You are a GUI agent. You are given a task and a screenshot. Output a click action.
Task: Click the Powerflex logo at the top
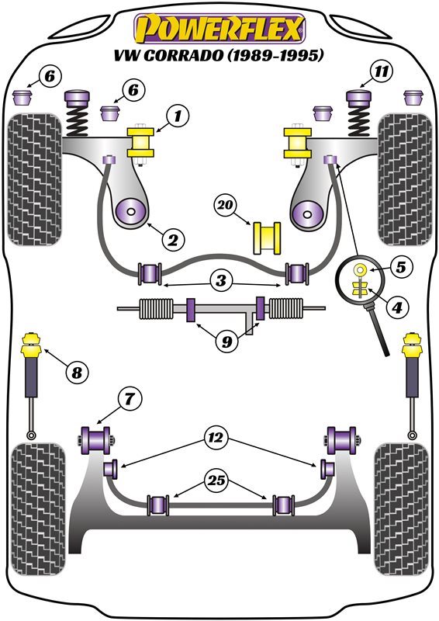219,29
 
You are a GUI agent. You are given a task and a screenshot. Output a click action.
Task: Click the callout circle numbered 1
178,116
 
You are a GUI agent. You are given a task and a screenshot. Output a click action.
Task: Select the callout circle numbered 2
173,239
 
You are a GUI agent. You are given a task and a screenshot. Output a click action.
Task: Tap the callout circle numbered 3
221,280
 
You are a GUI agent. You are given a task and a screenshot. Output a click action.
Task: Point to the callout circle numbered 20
226,205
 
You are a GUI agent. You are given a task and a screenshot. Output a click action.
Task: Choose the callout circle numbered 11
381,71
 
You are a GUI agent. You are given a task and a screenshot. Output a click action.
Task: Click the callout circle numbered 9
226,341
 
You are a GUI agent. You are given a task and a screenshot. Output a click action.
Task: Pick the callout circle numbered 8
77,373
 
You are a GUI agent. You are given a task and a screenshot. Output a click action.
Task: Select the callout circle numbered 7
130,399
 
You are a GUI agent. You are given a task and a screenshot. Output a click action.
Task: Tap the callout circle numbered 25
216,480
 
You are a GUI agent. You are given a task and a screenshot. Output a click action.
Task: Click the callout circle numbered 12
216,437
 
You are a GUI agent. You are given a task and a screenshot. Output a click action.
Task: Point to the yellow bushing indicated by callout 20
267,238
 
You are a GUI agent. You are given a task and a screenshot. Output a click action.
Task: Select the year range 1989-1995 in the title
275,55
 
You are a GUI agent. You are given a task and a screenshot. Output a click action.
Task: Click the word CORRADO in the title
184,55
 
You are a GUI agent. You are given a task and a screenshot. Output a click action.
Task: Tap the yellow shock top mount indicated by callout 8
32,345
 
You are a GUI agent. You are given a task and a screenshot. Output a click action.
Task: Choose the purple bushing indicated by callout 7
96,439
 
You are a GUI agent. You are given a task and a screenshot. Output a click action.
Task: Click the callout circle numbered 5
401,267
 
